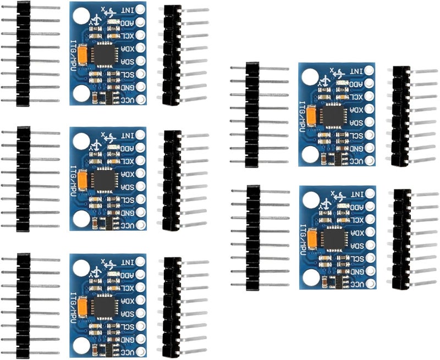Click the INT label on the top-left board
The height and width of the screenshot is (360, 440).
tap(127, 9)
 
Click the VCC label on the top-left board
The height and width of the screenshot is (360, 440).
tap(127, 99)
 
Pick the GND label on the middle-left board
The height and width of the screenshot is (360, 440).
tap(127, 213)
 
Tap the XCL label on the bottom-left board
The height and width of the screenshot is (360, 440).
tap(127, 287)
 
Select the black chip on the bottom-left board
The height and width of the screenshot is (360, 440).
tap(103, 306)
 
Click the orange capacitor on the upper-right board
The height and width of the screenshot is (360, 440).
tap(312, 115)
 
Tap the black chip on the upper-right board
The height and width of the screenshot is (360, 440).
tap(332, 115)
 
